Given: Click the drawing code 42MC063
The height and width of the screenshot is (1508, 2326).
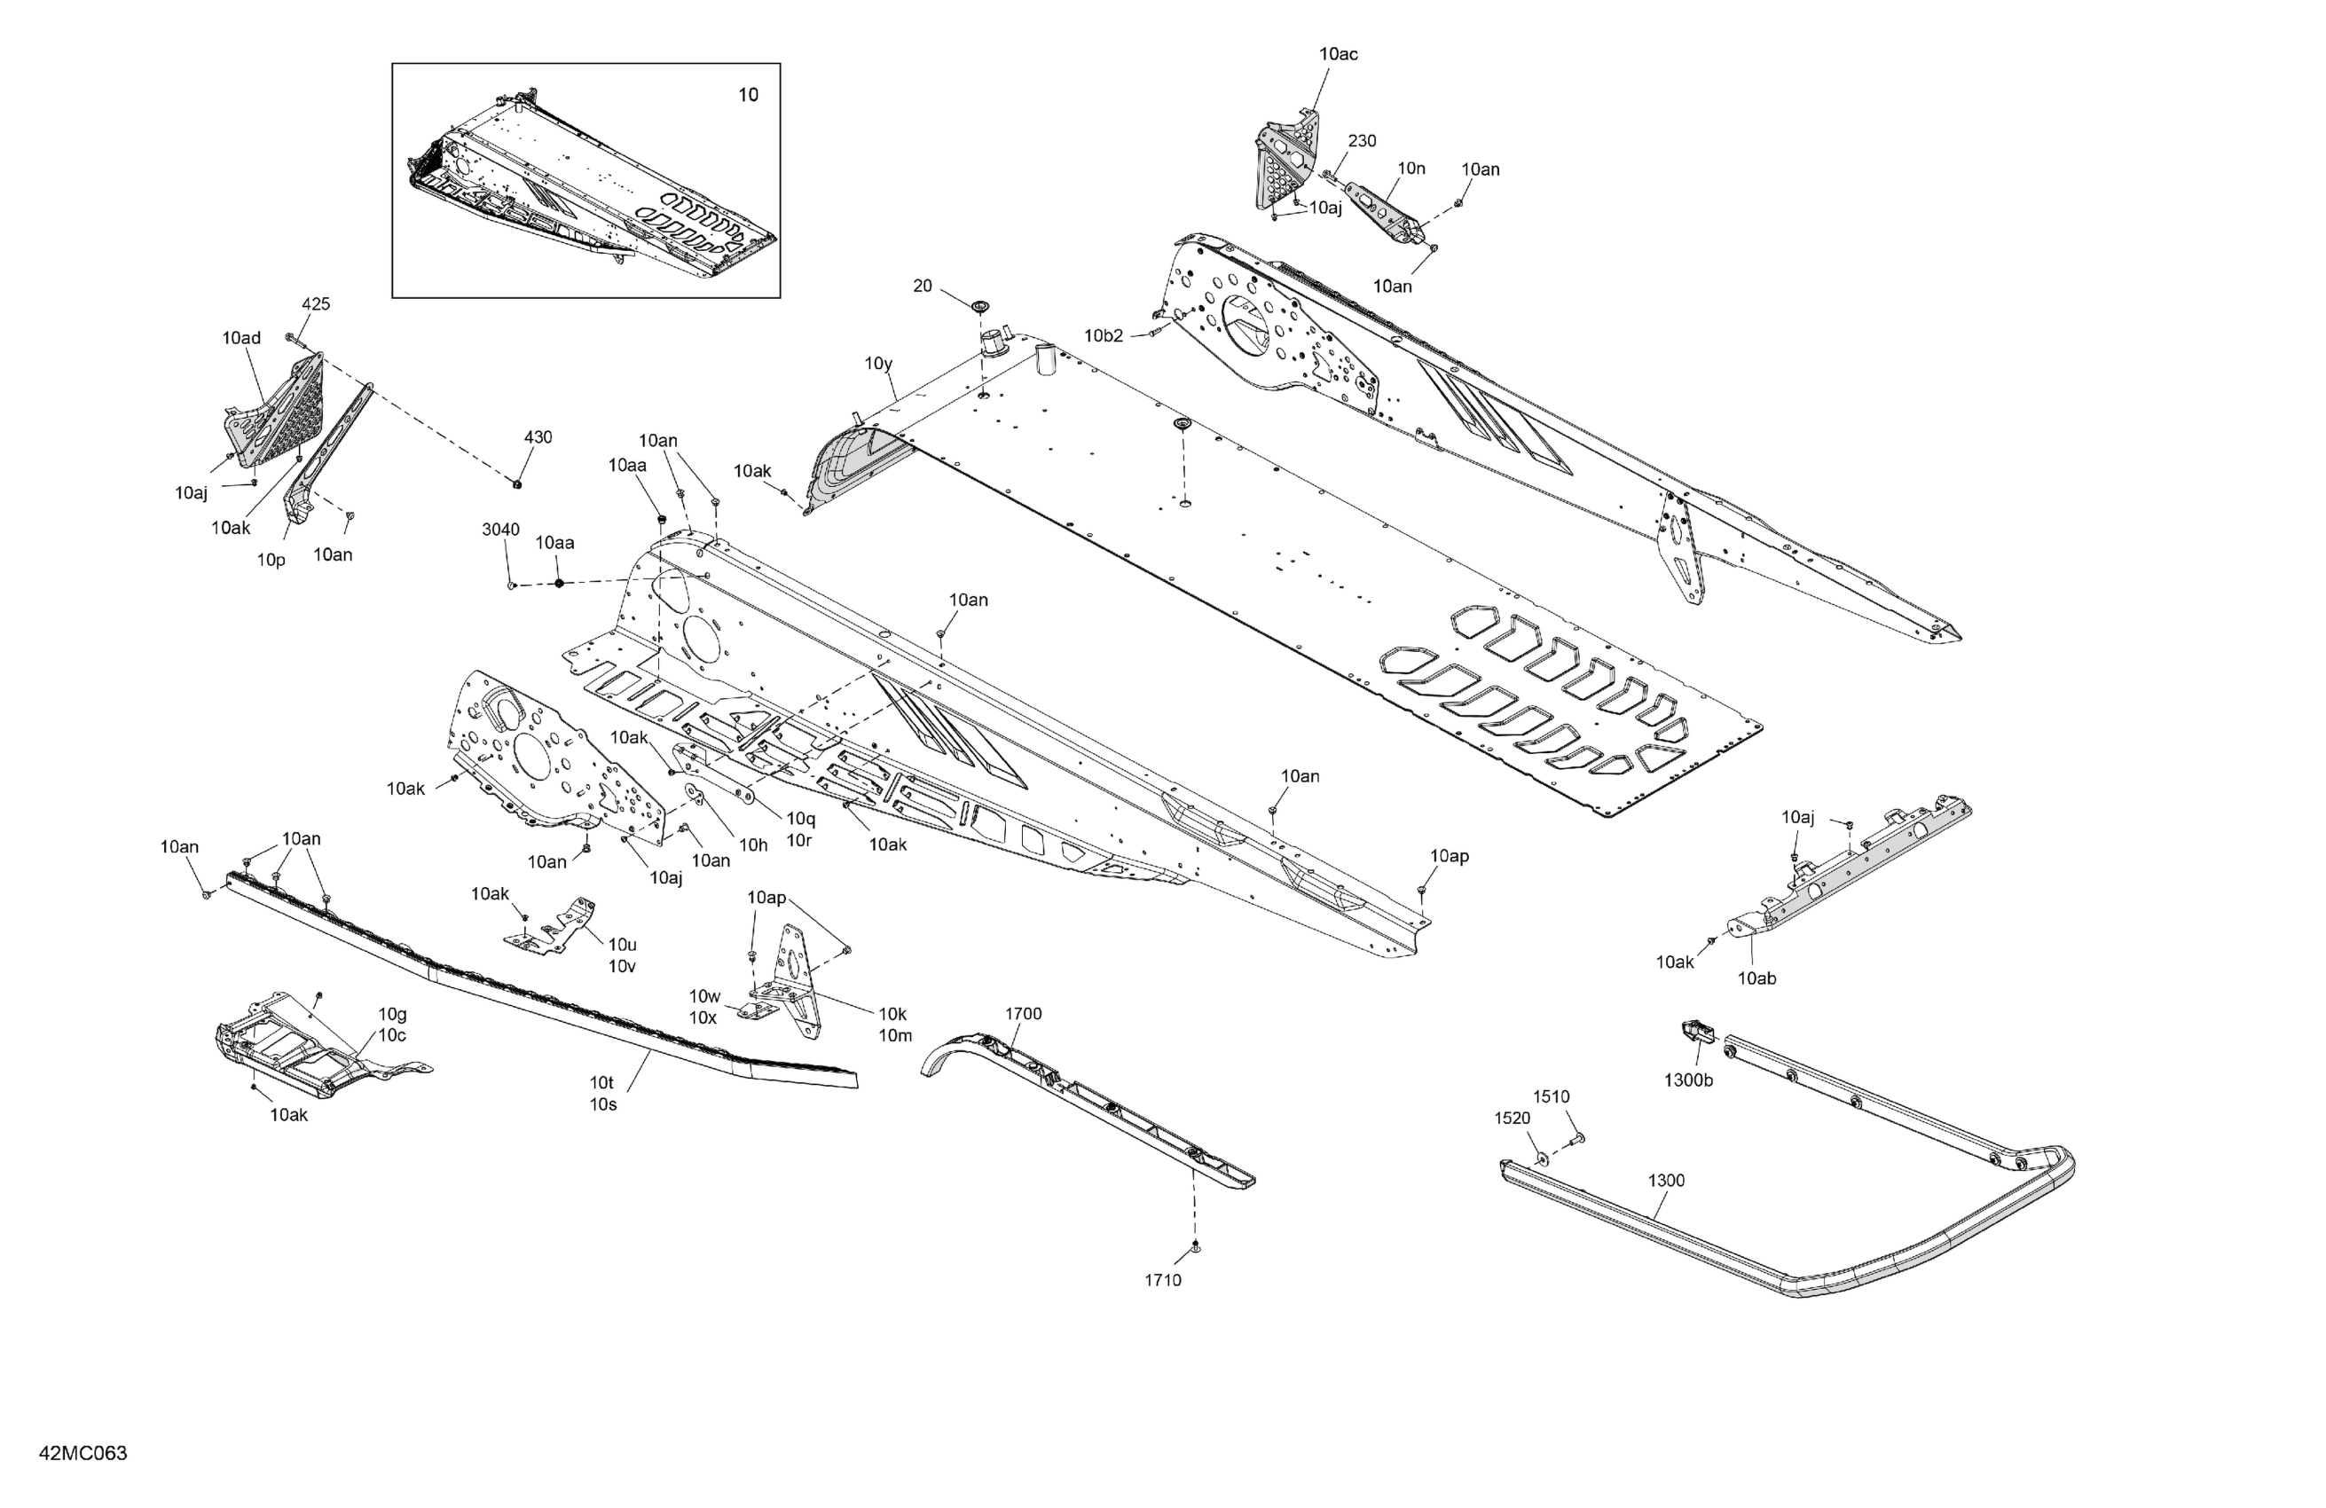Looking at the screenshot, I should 83,1453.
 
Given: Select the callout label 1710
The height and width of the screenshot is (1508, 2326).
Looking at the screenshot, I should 1163,1280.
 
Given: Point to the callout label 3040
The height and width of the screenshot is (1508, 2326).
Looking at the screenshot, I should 500,530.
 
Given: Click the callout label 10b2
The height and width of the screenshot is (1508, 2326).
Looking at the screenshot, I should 1104,336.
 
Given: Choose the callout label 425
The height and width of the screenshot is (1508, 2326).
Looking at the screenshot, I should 316,304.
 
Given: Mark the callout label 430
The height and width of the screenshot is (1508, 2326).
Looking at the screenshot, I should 538,436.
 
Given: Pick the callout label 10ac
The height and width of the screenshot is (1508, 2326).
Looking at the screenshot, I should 1338,54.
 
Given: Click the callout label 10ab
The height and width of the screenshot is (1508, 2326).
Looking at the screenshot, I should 1756,978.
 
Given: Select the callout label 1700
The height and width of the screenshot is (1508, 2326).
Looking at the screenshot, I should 1023,1014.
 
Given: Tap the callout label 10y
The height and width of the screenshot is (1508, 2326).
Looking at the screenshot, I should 878,364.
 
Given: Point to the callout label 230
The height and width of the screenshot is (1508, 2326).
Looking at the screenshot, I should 1362,141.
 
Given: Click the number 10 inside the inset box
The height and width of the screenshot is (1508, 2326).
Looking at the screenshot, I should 748,95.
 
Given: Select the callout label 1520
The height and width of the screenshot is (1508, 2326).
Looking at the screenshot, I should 1512,1118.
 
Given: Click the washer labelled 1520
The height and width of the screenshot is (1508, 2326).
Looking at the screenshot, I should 1542,1158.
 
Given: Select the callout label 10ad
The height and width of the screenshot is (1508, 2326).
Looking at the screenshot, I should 241,338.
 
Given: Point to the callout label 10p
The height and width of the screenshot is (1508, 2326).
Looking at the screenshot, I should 271,560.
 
